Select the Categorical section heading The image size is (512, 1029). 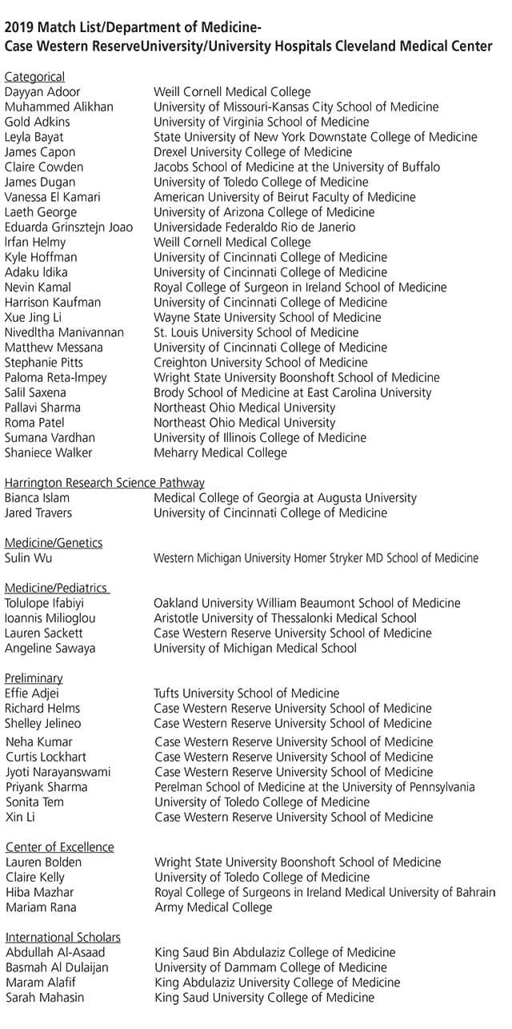[x=34, y=77]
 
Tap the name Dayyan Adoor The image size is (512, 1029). [x=42, y=92]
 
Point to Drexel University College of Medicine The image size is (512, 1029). [x=253, y=152]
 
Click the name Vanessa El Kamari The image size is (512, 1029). [x=53, y=197]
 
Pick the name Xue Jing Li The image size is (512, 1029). [x=35, y=317]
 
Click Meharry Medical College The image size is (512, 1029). [x=220, y=453]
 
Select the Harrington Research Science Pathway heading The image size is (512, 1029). [x=105, y=483]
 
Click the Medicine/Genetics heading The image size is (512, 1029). [x=54, y=543]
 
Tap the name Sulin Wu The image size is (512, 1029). [x=29, y=558]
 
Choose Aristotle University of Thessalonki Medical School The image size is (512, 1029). [x=285, y=618]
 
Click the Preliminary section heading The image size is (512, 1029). [x=34, y=678]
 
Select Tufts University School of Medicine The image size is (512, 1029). [x=246, y=693]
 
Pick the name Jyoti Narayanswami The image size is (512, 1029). [x=58, y=772]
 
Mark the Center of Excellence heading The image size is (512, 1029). [x=60, y=847]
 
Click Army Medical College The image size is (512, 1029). [x=214, y=907]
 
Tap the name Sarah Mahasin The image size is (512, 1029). [x=45, y=998]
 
